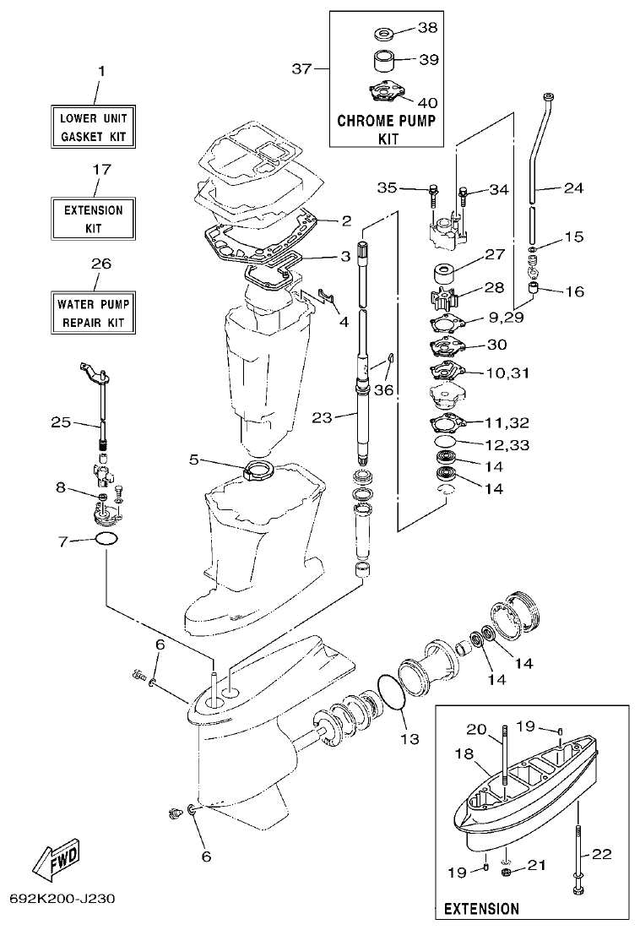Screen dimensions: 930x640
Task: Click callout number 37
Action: (x=301, y=68)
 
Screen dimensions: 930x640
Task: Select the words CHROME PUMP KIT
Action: (x=387, y=128)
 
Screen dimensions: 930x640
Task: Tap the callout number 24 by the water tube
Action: (x=573, y=188)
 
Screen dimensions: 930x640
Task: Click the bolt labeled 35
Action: (x=433, y=191)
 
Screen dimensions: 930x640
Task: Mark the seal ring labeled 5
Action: (x=255, y=470)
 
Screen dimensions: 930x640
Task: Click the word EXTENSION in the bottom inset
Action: (x=481, y=909)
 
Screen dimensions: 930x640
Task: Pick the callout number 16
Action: (x=573, y=292)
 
